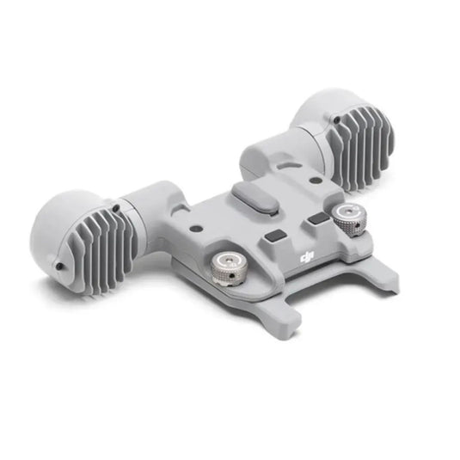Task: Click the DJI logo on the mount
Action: pyautogui.click(x=307, y=257)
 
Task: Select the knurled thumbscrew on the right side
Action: pyautogui.click(x=349, y=219)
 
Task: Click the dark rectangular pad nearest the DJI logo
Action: pyautogui.click(x=275, y=236)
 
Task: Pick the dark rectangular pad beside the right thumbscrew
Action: pyautogui.click(x=318, y=218)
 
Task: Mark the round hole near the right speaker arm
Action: pyautogui.click(x=315, y=180)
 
